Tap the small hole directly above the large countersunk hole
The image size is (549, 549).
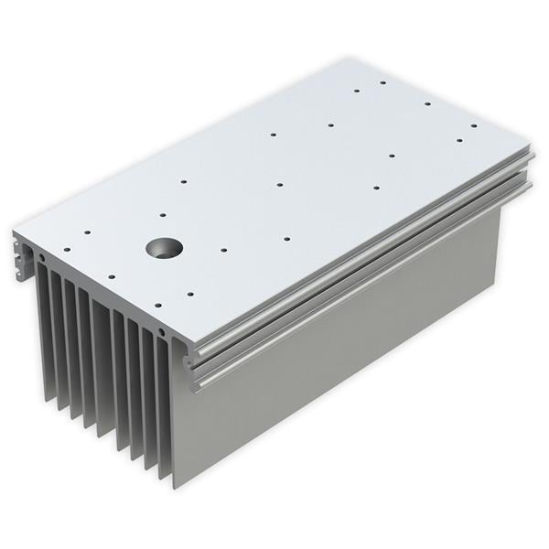163,215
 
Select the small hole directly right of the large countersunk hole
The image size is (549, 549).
224,248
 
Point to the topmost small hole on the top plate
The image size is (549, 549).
382,82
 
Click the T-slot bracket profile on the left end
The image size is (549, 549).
22,256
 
